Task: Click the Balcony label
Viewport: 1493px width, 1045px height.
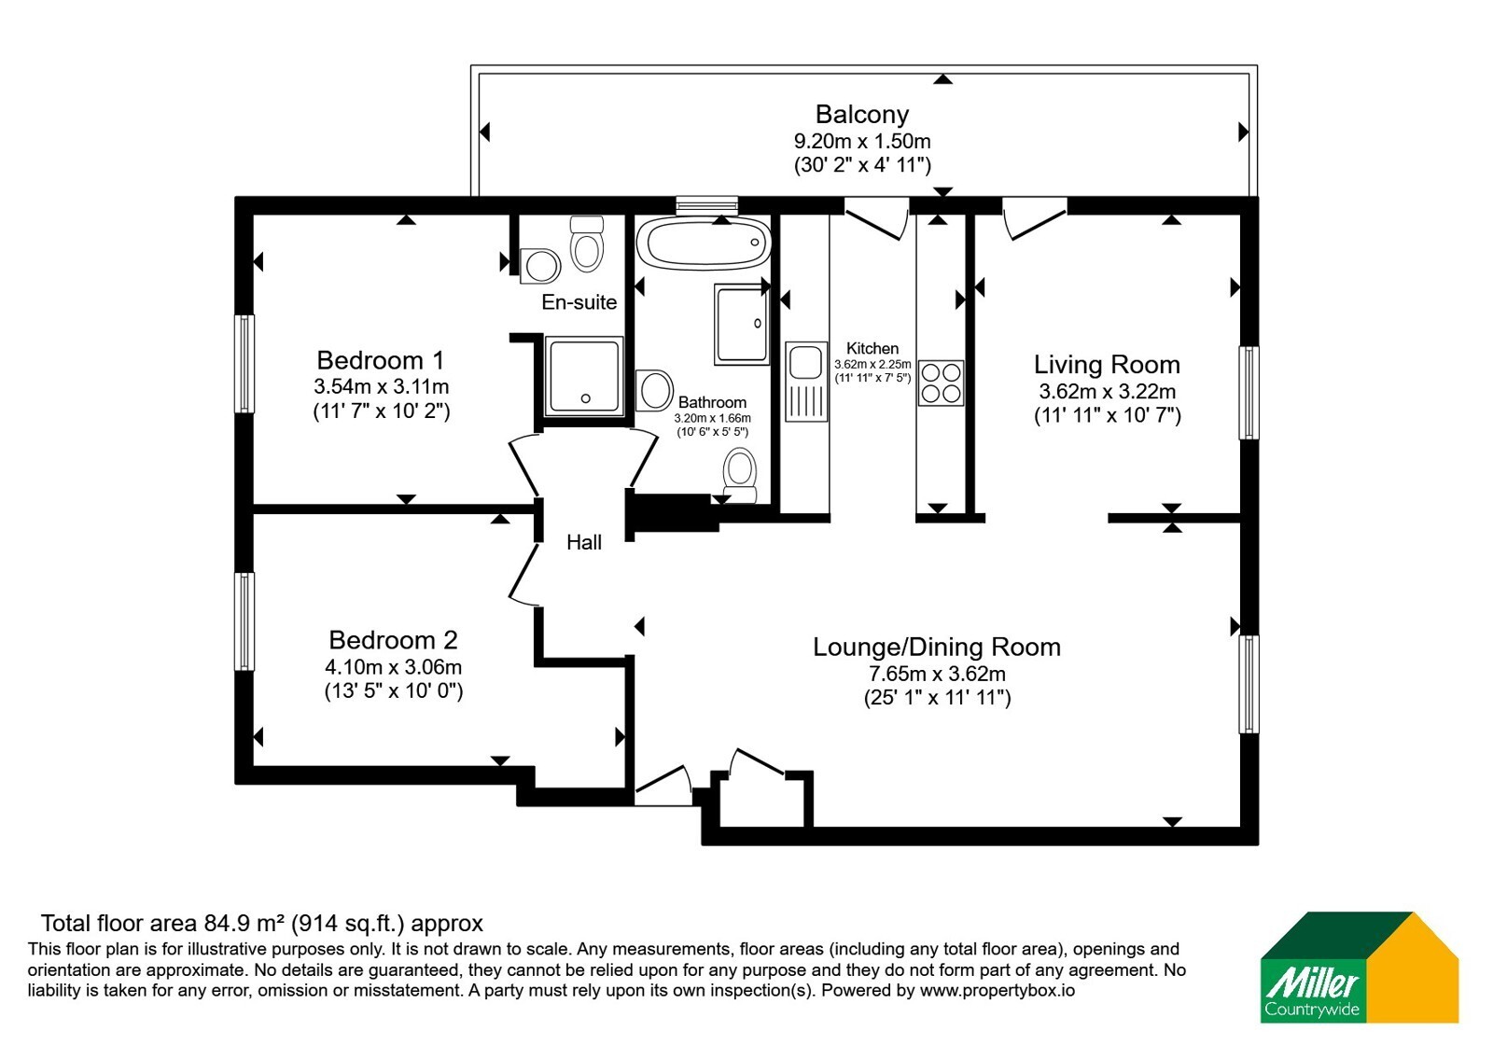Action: tap(862, 115)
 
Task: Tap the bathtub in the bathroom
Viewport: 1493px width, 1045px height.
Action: tap(704, 243)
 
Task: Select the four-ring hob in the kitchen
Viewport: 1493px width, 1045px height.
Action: tap(941, 383)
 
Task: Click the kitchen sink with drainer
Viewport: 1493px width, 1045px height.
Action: tap(806, 382)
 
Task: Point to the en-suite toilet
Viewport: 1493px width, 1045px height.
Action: tap(587, 244)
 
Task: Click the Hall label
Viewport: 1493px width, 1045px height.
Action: tap(584, 542)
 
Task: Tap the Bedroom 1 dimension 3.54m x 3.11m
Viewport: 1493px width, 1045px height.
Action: tap(382, 386)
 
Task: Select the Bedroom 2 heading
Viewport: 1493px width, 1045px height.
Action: tap(393, 640)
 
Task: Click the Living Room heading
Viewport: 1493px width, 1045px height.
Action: tap(1107, 365)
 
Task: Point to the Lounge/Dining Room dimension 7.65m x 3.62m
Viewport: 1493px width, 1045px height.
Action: tap(937, 674)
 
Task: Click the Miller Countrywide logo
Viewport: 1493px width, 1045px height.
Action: tap(1359, 967)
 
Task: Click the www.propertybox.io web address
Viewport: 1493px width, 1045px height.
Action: tap(998, 990)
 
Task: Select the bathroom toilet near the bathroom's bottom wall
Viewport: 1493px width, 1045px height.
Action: tap(740, 475)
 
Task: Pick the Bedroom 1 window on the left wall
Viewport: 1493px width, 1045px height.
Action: tap(244, 364)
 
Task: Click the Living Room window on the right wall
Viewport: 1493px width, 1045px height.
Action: tap(1249, 393)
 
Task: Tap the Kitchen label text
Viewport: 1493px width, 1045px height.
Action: tap(872, 349)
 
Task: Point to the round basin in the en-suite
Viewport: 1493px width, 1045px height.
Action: tap(540, 267)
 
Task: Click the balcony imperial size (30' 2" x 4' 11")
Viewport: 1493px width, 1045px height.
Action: tap(862, 164)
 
